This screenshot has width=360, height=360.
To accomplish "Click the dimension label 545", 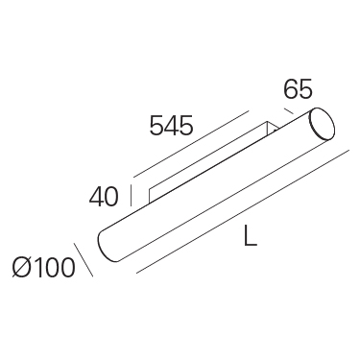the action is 172,125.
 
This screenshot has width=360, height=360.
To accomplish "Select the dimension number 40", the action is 104,196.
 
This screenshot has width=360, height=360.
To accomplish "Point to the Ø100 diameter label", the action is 44,267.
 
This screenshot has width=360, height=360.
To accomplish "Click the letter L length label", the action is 251,236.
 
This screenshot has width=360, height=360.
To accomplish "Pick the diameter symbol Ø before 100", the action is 22,267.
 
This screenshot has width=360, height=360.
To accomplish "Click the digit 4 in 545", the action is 172,125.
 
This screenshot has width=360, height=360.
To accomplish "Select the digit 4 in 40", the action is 96,196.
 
